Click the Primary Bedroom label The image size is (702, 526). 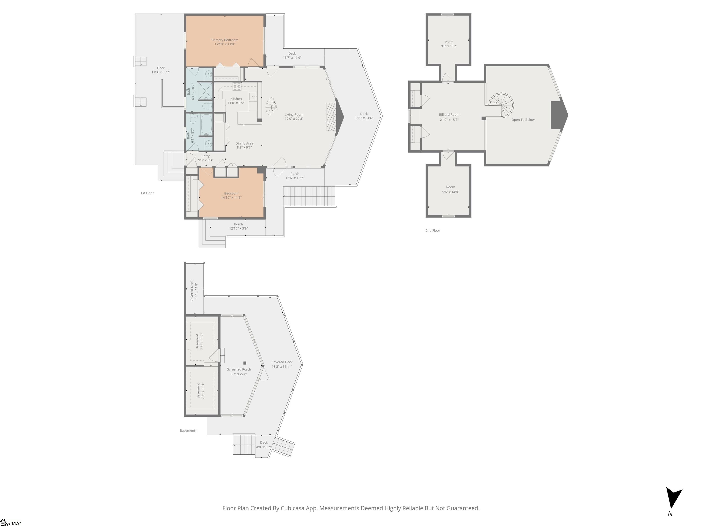click(x=225, y=40)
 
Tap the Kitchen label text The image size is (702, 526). click(x=236, y=99)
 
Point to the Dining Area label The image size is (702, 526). click(x=244, y=143)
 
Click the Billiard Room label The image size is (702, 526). click(x=449, y=114)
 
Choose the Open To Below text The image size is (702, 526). click(x=523, y=120)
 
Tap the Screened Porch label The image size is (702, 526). click(x=239, y=369)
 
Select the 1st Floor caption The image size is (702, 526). click(x=147, y=193)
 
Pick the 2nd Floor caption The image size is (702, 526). click(x=433, y=231)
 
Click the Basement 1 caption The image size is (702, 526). click(x=189, y=431)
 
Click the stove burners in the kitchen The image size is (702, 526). click(x=237, y=86)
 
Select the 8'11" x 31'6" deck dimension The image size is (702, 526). click(x=364, y=118)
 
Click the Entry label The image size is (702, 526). click(x=206, y=156)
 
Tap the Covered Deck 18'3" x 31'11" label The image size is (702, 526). click(x=282, y=364)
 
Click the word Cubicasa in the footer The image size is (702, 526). click(x=292, y=508)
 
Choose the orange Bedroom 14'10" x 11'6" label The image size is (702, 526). click(x=231, y=195)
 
